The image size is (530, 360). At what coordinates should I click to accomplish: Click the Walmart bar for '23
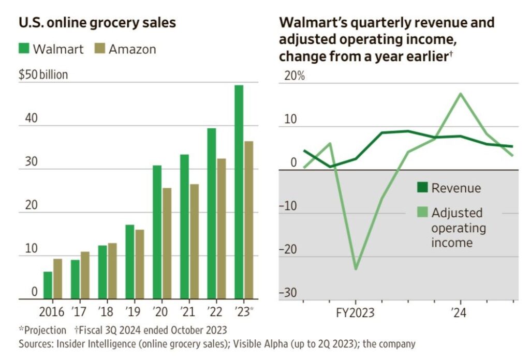239,191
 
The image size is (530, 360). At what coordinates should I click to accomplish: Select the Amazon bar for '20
166,243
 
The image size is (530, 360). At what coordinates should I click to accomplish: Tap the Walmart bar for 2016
48,285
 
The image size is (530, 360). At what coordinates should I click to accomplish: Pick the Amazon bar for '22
221,228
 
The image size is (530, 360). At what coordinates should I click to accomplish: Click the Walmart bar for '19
129,261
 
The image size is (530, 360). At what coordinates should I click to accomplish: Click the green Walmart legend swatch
24,49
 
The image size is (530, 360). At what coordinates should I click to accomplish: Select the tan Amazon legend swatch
100,49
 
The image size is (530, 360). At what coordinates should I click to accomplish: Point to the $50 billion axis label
43,74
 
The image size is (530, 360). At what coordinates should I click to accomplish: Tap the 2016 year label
51,312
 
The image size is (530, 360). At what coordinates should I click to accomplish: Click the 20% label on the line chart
292,75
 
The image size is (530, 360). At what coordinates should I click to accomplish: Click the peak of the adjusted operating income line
461,94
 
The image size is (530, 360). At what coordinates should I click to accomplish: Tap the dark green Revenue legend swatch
423,187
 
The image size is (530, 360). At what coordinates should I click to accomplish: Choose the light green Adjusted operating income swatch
423,212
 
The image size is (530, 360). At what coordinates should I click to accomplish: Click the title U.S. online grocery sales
97,23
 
